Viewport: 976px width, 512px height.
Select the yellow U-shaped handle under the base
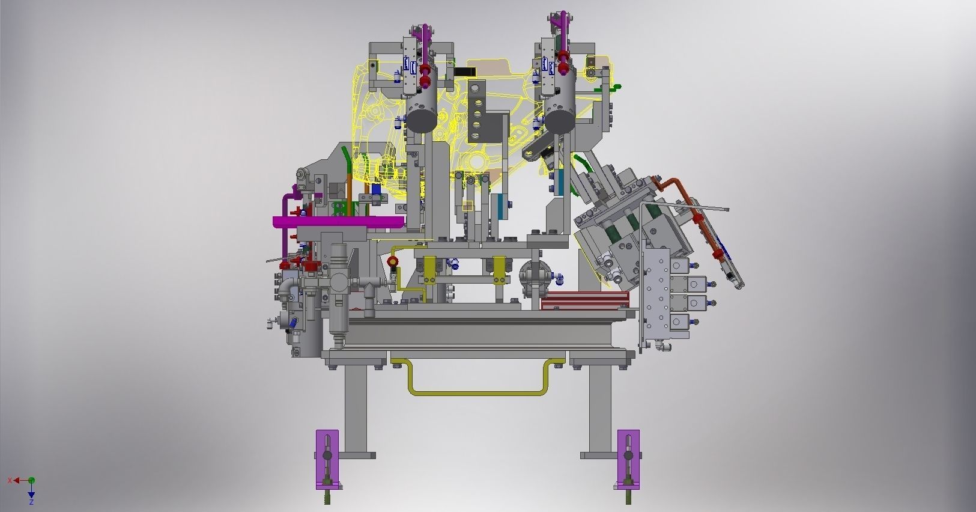[x=477, y=392]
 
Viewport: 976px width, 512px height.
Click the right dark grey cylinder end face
[x=560, y=119]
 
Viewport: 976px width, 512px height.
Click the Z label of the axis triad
[x=31, y=501]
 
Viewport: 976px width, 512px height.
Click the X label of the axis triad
[x=10, y=480]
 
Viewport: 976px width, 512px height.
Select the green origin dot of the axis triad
[x=31, y=480]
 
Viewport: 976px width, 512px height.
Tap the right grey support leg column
[x=599, y=409]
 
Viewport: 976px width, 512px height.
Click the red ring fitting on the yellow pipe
[x=393, y=261]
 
